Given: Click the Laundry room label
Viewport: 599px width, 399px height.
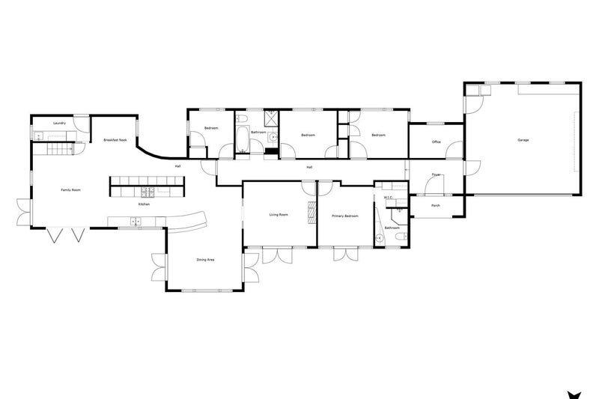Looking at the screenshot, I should coord(60,123).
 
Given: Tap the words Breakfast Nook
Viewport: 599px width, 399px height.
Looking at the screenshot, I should coord(115,140).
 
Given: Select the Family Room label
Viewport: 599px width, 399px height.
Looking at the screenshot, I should coord(70,190).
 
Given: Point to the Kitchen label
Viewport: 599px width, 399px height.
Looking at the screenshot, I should coord(145,204).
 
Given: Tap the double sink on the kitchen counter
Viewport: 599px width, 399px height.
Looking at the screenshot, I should coord(136,220).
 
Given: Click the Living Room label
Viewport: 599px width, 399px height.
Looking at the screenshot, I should coord(279,215).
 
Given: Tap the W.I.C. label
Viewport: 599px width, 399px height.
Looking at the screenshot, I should coord(388,198).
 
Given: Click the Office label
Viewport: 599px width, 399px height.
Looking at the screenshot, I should coord(436,141).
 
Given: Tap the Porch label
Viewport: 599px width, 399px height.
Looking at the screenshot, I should coord(436,205).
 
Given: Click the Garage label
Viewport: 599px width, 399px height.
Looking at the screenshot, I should coord(523,140).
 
